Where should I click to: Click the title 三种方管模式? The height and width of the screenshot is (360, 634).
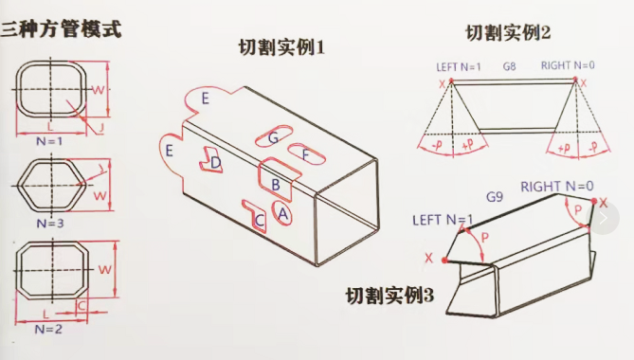61,28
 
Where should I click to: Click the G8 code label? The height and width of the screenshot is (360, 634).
509,67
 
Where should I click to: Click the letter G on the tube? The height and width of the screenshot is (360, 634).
273,138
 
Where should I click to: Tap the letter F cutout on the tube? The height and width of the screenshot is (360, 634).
305,154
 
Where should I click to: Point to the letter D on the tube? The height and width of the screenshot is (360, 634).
216,163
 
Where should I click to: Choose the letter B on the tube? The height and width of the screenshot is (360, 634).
275,183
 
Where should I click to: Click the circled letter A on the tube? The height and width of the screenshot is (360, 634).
282,214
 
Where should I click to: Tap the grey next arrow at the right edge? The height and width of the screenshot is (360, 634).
604,218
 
